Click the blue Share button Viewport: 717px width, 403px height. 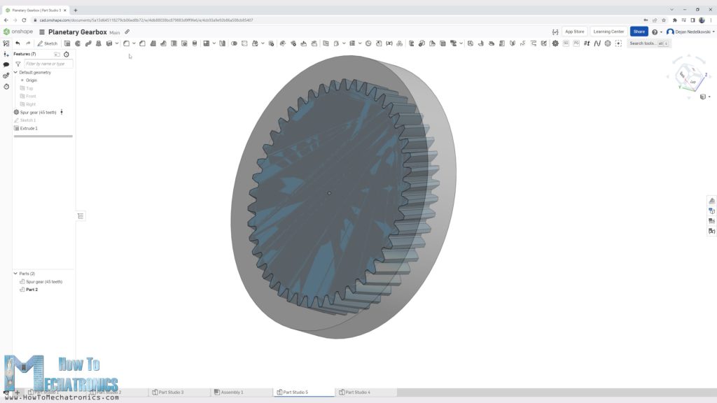[x=639, y=31]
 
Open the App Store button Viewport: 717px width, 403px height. [x=574, y=31]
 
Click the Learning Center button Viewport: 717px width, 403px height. [x=608, y=31]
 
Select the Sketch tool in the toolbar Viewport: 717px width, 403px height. [x=48, y=43]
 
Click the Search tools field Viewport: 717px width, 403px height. [x=642, y=43]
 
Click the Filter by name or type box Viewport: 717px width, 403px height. [x=48, y=64]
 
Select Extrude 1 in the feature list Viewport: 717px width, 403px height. [x=29, y=128]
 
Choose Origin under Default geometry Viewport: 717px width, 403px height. [x=32, y=80]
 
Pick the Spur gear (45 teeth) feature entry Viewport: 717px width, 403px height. [x=38, y=112]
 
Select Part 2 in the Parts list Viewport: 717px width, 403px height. [x=32, y=289]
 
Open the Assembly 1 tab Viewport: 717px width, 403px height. [x=232, y=393]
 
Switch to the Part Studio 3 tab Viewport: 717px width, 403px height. [x=171, y=393]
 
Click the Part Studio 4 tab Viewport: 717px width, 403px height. [x=358, y=393]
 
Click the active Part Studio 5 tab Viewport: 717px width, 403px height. [x=295, y=393]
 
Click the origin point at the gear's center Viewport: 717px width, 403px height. [x=329, y=193]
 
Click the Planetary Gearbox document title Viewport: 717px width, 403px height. [x=77, y=32]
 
